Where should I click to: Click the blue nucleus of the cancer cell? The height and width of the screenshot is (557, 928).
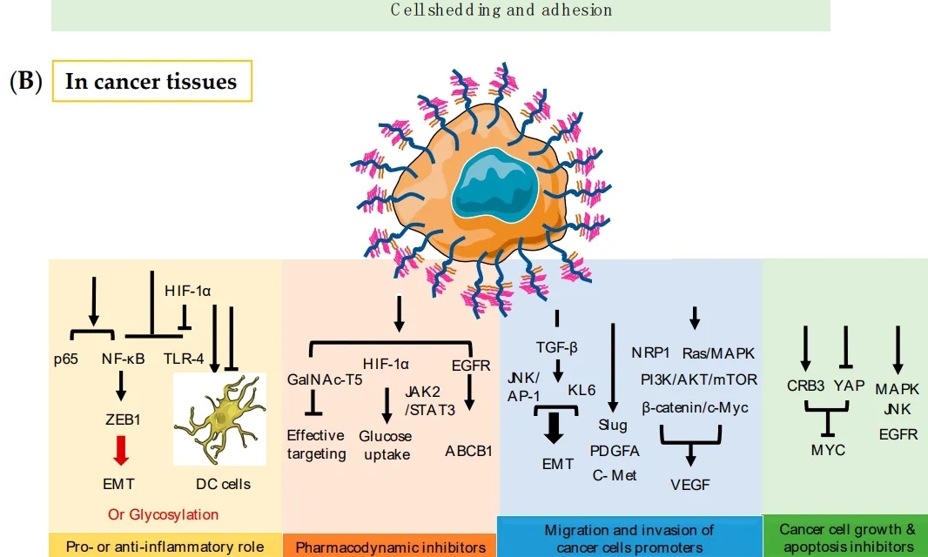495,186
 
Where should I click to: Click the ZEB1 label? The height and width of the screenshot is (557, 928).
123,419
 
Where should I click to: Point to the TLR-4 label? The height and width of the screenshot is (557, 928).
183,357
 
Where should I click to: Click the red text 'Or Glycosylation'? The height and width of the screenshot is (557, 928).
164,514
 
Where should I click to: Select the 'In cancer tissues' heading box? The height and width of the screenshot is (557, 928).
151,82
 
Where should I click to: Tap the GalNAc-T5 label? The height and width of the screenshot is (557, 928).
318,380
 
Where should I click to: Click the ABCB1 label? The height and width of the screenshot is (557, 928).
468,451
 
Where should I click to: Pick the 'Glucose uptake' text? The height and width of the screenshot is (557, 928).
386,445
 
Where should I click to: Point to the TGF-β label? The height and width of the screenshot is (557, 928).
557,346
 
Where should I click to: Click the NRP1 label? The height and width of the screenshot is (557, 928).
651,353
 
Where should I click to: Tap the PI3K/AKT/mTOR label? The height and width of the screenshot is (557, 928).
699,379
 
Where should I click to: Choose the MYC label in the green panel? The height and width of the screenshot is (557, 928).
827,450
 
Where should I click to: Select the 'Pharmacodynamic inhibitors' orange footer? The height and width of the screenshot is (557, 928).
390,547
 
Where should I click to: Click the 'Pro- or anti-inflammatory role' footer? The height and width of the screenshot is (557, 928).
165,547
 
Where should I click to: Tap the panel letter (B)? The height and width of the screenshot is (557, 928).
25,82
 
